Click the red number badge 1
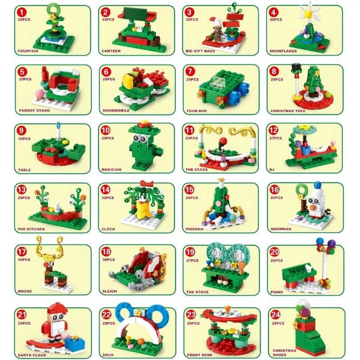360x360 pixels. point(22,12)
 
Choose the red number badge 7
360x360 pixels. point(190,71)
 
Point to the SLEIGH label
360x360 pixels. point(109,291)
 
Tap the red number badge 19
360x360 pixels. point(190,251)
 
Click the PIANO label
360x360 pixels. point(278,291)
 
